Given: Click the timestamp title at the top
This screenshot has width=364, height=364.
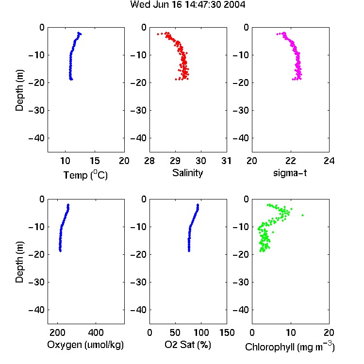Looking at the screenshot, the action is click(187, 5).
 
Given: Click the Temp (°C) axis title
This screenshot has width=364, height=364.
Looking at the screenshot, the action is click(85, 175).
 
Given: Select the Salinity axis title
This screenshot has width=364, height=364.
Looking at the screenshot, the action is click(187, 173).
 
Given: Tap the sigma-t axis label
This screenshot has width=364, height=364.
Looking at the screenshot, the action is click(290, 173).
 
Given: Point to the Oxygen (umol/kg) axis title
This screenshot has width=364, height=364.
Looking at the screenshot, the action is click(85, 345).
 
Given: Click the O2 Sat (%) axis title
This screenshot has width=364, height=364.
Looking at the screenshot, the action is click(187, 345).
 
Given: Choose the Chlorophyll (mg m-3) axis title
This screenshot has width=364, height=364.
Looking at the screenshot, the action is click(290, 347).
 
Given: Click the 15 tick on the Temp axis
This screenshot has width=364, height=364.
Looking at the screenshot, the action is click(95, 161).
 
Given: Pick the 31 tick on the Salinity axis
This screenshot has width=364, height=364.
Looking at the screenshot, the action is click(226, 161).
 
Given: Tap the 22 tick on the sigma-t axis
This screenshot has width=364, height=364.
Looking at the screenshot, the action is click(290, 161).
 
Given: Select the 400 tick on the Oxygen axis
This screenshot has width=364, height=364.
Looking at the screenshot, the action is click(96, 332).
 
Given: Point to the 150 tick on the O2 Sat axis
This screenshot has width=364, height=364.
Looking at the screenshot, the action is click(227, 332).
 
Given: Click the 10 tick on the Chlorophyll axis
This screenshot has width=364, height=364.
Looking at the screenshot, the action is click(290, 332).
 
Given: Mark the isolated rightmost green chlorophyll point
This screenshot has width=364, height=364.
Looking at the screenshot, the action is click(303, 215).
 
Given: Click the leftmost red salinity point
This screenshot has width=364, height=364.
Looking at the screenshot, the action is click(158, 34).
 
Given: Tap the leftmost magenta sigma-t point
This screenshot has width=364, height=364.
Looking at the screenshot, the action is click(277, 34).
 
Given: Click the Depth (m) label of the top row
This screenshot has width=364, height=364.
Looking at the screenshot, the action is click(19, 90).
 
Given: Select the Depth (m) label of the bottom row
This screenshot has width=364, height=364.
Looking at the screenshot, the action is click(19, 262).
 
